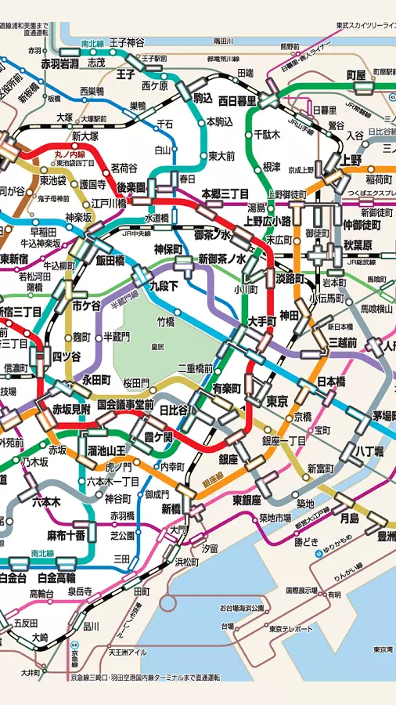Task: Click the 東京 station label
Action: [276, 401]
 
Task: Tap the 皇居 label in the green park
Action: [157, 345]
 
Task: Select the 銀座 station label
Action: [228, 458]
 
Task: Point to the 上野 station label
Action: [351, 160]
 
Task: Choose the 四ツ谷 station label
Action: [67, 356]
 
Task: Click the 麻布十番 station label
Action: [67, 535]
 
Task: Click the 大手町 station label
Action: [262, 321]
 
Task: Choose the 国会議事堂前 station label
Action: [124, 405]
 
